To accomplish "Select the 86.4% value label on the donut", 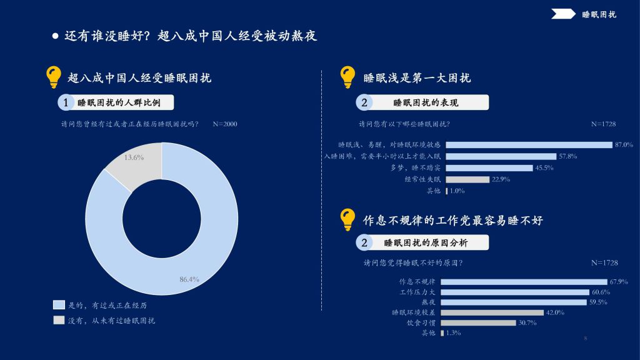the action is click(x=189, y=279).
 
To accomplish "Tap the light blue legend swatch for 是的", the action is click(x=59, y=305).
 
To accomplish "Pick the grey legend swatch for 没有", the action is click(x=59, y=320).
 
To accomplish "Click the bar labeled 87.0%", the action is click(x=529, y=145).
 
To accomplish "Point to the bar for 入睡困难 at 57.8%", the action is click(x=501, y=156).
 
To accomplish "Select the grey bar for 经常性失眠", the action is click(x=467, y=179).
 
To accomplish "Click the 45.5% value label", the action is click(x=544, y=167).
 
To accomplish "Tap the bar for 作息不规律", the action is click(x=524, y=282).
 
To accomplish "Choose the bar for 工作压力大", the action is click(x=515, y=292).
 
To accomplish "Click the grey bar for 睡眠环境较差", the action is click(x=492, y=312).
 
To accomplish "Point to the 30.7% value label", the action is click(x=527, y=323).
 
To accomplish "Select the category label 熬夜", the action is click(x=429, y=302).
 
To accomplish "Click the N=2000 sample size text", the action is click(x=225, y=124).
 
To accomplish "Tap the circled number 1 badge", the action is click(x=65, y=102).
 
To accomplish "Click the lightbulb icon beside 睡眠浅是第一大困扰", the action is click(x=347, y=77).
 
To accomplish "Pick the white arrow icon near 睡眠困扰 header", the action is click(x=563, y=14).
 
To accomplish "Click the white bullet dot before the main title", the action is click(x=56, y=36).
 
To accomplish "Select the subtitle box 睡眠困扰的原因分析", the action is click(x=422, y=243).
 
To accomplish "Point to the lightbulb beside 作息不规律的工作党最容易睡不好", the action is click(x=347, y=219).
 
